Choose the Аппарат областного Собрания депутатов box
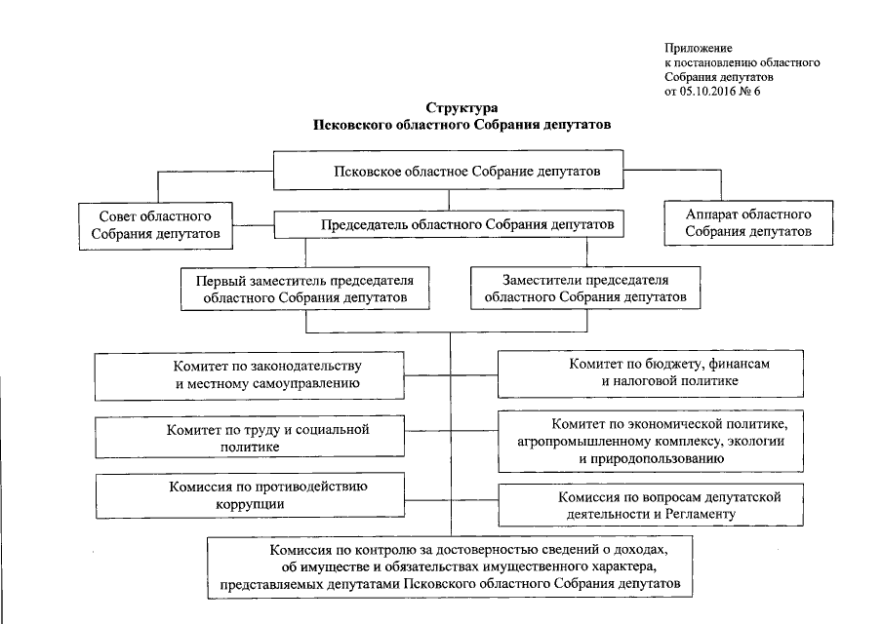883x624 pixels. coord(747,222)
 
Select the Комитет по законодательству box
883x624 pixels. coord(249,375)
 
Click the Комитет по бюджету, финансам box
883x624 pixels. coord(653,373)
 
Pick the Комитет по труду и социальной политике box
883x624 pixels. coord(249,437)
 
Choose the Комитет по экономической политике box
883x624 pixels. coord(653,437)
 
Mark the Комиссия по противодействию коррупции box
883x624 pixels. coord(249,496)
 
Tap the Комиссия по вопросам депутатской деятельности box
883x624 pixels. coord(653,504)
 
